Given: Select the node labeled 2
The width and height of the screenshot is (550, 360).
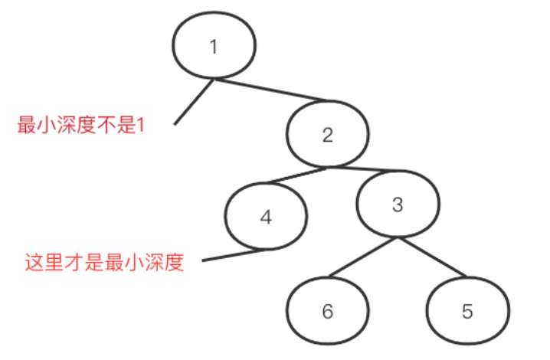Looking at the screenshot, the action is click(x=328, y=136).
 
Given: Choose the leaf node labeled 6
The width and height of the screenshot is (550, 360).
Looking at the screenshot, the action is click(x=328, y=312).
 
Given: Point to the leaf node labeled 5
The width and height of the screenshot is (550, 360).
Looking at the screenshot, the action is click(x=467, y=312).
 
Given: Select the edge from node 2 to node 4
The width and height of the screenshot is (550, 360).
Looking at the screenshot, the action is click(x=291, y=175).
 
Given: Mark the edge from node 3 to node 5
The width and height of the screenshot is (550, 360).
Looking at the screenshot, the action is click(x=432, y=257).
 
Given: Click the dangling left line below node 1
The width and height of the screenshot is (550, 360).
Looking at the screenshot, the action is click(x=195, y=101).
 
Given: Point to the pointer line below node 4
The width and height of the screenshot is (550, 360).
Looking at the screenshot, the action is click(x=234, y=256).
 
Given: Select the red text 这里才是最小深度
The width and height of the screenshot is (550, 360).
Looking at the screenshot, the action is click(x=105, y=264).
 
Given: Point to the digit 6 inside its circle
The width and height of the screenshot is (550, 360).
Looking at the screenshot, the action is click(x=328, y=312).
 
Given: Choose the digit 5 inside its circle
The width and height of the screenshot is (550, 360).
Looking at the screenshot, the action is click(x=467, y=312).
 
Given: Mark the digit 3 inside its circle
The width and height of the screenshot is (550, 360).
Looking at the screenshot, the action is click(x=398, y=205).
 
